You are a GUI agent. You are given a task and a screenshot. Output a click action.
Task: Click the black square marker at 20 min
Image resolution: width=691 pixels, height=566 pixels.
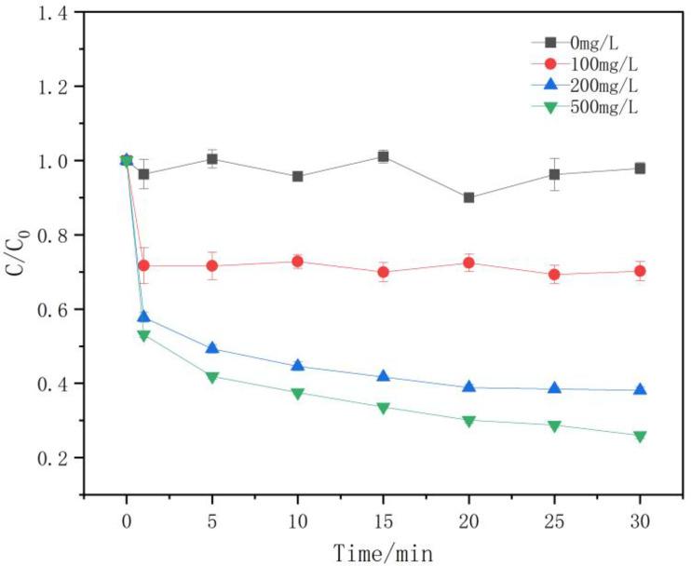click(x=468, y=197)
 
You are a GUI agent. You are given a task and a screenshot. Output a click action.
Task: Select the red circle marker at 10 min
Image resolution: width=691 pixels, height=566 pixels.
click(x=298, y=262)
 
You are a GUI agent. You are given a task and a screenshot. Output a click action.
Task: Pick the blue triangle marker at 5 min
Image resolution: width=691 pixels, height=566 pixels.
click(x=212, y=348)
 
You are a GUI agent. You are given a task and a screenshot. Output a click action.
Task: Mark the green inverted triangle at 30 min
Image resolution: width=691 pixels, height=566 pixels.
click(x=640, y=436)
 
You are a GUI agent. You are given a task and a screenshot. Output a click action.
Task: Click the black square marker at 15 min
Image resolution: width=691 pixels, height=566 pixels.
click(x=383, y=156)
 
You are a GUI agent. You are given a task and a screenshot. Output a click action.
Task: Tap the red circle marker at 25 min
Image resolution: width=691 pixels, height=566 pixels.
click(x=554, y=275)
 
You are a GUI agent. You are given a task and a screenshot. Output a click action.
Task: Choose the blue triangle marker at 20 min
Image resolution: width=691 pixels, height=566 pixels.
click(x=468, y=386)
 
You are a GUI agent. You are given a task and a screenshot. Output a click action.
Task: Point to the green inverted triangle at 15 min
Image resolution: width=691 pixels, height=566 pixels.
click(x=383, y=408)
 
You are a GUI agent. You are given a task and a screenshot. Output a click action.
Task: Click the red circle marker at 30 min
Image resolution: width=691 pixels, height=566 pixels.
click(x=640, y=271)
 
